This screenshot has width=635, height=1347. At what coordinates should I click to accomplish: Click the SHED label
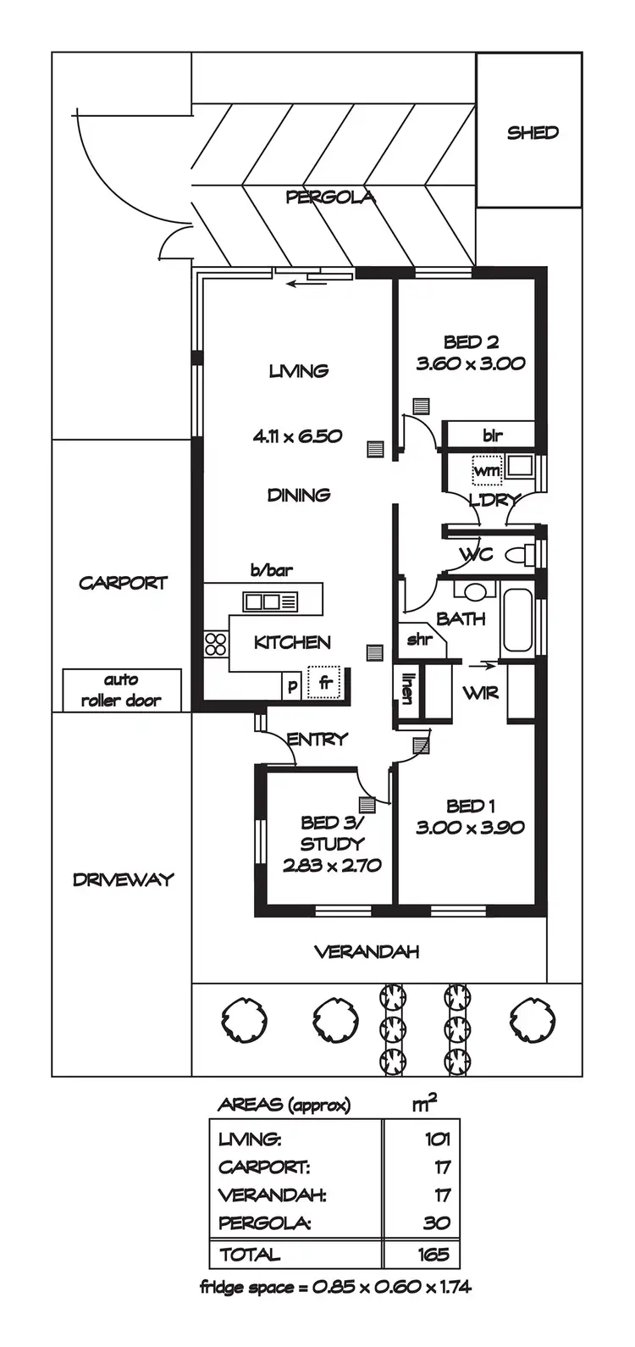533,133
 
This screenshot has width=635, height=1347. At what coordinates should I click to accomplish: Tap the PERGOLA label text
330,197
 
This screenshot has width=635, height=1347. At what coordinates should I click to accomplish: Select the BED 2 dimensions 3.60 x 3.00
471,364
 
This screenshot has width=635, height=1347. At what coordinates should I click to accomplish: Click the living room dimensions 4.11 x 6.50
297,436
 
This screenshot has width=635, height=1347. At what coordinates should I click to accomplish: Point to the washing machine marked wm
486,469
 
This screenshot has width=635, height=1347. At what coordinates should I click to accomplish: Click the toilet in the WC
517,557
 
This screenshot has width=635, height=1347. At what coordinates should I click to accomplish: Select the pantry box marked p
292,685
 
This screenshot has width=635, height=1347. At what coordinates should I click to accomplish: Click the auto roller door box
122,690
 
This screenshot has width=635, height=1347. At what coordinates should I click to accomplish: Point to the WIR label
480,693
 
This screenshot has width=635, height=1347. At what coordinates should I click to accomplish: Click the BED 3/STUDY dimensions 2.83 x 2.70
331,866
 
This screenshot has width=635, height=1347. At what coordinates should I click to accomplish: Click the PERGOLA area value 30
437,1223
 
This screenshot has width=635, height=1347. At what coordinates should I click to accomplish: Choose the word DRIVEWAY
123,879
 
